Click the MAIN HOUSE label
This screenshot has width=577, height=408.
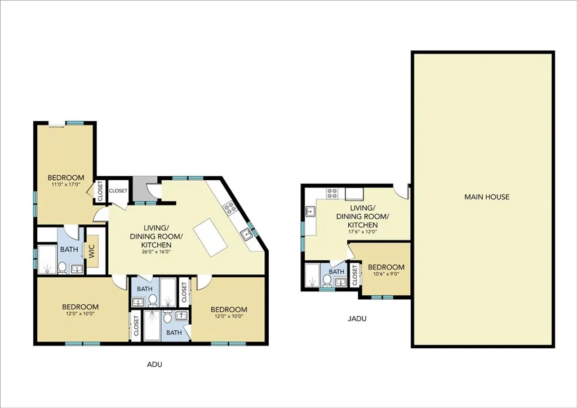tap(486, 197)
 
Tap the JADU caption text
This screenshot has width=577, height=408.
tap(357, 318)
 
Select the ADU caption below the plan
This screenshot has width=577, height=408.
tap(154, 365)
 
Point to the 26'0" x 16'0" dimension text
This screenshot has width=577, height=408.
tap(156, 252)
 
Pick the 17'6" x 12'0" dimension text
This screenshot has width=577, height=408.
tap(362, 232)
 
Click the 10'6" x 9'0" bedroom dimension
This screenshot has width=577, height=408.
tap(386, 274)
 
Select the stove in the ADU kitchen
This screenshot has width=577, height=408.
tap(230, 209)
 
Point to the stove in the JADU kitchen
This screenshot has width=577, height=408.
tap(332, 193)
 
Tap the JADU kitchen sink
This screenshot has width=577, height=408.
tap(310, 212)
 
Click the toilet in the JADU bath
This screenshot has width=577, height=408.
tap(326, 280)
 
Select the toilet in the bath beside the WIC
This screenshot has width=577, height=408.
tap(62, 268)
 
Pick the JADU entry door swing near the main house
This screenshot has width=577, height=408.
tap(402, 192)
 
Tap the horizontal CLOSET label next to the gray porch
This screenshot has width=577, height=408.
tap(118, 190)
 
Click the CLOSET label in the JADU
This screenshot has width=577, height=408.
tap(355, 276)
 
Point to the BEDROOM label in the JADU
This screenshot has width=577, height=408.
tap(386, 267)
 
